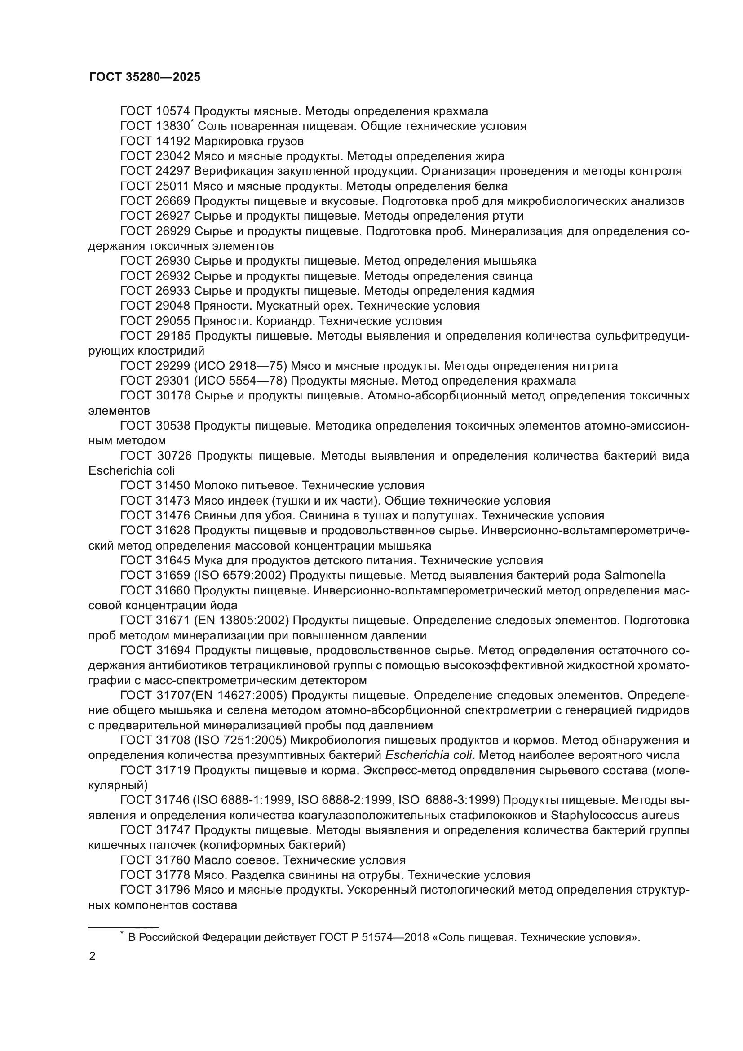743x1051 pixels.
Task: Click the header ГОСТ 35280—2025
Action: (145, 77)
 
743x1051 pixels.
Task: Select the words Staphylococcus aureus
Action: (615, 815)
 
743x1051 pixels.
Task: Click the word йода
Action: (224, 606)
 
